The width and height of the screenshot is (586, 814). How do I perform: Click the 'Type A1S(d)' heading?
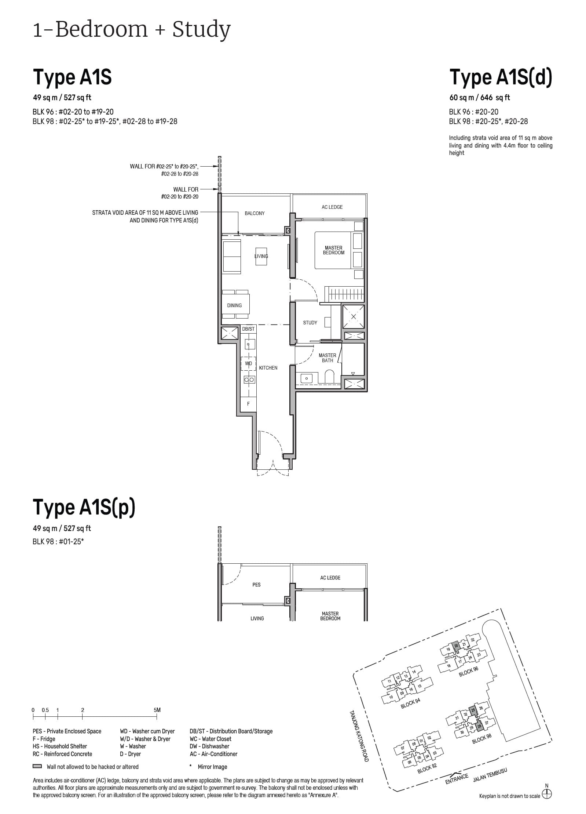(x=500, y=77)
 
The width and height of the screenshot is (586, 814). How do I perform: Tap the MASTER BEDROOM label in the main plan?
(x=333, y=250)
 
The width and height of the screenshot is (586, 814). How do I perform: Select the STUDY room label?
(x=310, y=323)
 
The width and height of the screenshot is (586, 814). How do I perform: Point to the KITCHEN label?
(x=268, y=368)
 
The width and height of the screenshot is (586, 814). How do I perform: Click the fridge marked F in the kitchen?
(x=248, y=404)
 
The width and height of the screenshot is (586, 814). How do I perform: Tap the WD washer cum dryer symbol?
(x=248, y=363)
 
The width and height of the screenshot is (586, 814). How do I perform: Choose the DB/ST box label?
(x=248, y=329)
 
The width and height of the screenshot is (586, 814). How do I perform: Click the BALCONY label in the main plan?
(x=254, y=213)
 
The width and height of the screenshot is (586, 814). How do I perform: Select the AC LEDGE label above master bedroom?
(x=332, y=207)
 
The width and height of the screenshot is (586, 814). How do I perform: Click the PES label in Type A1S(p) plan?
(x=256, y=585)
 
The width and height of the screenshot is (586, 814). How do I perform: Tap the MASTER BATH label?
(x=327, y=358)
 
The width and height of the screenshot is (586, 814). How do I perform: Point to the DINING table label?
(x=234, y=305)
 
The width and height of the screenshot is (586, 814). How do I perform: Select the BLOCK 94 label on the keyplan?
(x=410, y=704)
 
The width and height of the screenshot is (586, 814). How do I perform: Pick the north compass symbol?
(x=547, y=795)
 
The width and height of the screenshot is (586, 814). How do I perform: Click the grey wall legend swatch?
(x=37, y=767)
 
